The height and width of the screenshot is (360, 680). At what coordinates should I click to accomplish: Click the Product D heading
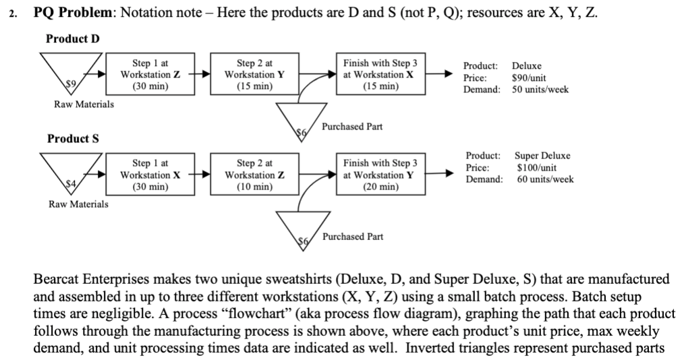click(x=72, y=38)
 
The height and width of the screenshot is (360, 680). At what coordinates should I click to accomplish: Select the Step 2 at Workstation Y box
click(x=250, y=74)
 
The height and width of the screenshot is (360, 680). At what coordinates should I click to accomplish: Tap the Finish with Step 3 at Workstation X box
click(x=380, y=74)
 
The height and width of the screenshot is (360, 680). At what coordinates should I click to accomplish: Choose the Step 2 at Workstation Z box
click(x=250, y=175)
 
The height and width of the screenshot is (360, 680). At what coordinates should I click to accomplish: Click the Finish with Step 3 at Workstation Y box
click(x=380, y=175)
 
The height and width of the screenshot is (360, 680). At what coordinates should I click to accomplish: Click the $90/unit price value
click(x=532, y=78)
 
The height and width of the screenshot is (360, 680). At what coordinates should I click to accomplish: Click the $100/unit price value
click(x=537, y=167)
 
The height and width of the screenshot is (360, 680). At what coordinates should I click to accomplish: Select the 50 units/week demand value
click(x=540, y=89)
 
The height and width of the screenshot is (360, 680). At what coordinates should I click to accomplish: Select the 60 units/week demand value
click(x=545, y=179)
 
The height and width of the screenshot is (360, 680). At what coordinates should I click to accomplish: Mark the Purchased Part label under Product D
click(x=353, y=126)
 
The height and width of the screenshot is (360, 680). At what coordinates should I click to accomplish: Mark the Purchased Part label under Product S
click(x=353, y=237)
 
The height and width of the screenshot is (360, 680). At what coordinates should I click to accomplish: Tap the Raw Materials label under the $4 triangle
click(x=78, y=204)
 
